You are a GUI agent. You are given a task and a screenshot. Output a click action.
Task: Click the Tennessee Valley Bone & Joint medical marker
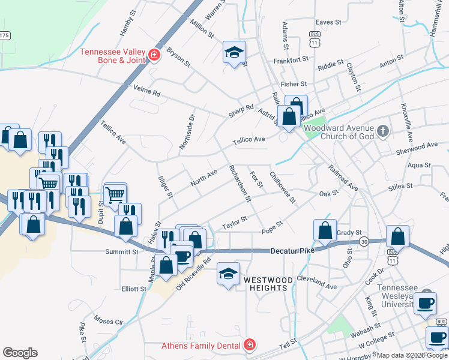tap(154, 55)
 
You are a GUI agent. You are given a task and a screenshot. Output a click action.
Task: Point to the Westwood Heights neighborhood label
tap(268, 284)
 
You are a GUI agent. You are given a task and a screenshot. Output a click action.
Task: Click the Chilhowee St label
tap(283, 187)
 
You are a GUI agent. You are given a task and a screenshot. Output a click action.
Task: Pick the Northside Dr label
tap(187, 132)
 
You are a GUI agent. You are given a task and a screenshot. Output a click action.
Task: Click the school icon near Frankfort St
tap(235, 52)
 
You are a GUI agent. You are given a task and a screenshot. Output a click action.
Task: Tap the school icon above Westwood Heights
tap(228, 274)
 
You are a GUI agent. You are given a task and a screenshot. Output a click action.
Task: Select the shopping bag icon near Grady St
tap(325, 230)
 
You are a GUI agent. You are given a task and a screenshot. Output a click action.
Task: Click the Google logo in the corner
tap(20, 353)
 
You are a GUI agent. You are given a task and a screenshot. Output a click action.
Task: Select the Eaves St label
tap(328, 22)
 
